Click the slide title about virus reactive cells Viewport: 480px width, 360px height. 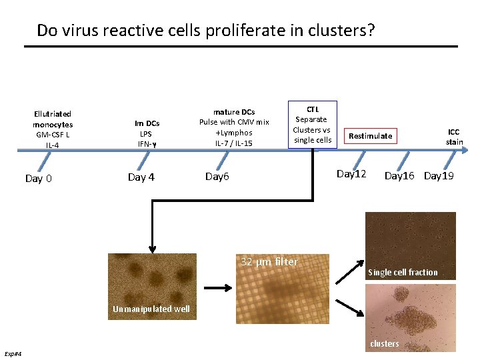pyautogui.click(x=206, y=30)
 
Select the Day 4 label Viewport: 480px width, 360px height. pyautogui.click(x=141, y=177)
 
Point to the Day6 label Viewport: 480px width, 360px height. pyautogui.click(x=217, y=177)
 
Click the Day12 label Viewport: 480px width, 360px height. pyautogui.click(x=351, y=174)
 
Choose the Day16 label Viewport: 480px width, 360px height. pyautogui.click(x=400, y=176)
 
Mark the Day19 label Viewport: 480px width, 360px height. pyautogui.click(x=439, y=176)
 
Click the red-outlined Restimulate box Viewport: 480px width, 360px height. pyautogui.click(x=371, y=136)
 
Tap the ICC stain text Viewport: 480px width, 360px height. pyautogui.click(x=454, y=137)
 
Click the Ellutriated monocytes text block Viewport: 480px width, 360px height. pyautogui.click(x=53, y=129)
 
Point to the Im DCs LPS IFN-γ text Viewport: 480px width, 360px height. pyautogui.click(x=147, y=133)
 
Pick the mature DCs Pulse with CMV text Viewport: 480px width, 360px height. pyautogui.click(x=234, y=127)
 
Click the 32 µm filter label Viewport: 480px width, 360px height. pyautogui.click(x=269, y=262)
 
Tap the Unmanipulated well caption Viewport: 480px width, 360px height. pyautogui.click(x=151, y=309)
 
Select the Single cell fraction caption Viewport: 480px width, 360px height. pyautogui.click(x=403, y=272)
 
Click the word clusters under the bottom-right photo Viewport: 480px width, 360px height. pyautogui.click(x=385, y=343)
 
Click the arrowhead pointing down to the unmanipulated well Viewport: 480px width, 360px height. pyautogui.click(x=153, y=247)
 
